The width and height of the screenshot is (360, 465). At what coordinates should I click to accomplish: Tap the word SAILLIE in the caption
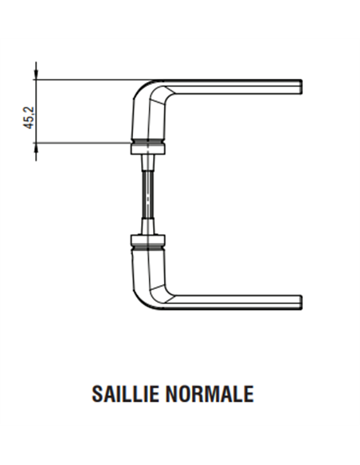(x=134, y=394)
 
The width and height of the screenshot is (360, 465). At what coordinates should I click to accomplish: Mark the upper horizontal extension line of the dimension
(x=88, y=79)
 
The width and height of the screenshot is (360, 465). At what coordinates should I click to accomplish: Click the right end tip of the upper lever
(x=300, y=86)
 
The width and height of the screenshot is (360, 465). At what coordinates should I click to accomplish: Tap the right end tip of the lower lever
(x=300, y=302)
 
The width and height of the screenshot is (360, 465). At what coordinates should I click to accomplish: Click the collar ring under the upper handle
(x=147, y=148)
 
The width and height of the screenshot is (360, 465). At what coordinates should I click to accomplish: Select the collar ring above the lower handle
(x=147, y=240)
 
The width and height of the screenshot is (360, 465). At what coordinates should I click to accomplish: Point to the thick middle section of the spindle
(x=147, y=194)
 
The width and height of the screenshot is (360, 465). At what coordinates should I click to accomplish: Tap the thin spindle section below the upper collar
(x=147, y=164)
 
